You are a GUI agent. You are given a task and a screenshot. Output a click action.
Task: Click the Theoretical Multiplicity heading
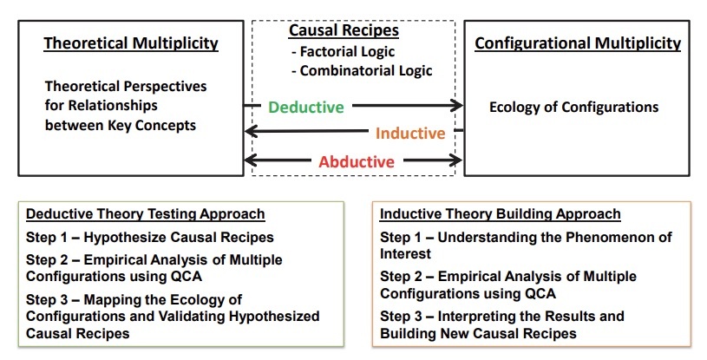tap(131, 43)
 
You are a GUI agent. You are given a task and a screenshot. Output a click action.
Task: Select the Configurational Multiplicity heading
tap(578, 43)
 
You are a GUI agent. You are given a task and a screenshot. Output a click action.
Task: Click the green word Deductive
tap(305, 108)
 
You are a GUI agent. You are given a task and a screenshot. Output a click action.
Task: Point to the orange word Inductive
tap(409, 134)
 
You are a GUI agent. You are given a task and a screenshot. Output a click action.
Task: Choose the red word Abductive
tap(356, 161)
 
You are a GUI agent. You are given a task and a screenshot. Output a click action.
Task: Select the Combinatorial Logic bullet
tap(362, 70)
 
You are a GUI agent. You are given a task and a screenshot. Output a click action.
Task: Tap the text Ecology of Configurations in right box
tap(573, 108)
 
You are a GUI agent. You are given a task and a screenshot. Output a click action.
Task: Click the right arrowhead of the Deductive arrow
tap(457, 107)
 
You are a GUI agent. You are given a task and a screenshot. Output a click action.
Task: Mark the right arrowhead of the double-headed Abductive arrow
tap(457, 160)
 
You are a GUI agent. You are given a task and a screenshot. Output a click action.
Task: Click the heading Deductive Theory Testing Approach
tap(146, 214)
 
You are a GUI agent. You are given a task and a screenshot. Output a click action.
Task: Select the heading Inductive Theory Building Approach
tap(501, 214)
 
